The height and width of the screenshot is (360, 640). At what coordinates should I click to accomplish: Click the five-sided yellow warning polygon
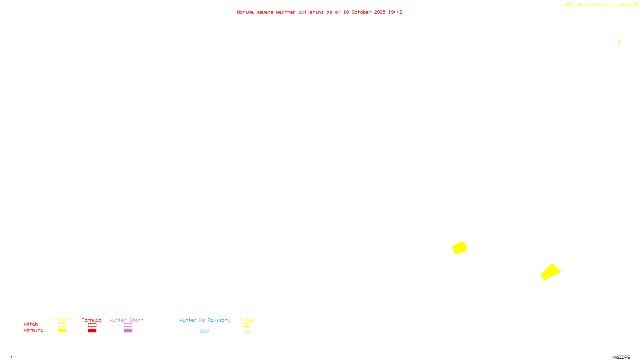pos(460,248)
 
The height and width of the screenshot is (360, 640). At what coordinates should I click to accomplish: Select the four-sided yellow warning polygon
pos(550,272)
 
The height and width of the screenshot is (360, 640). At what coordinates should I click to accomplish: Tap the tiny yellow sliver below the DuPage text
pos(619,41)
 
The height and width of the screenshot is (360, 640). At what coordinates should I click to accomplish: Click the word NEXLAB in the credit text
pos(574,5)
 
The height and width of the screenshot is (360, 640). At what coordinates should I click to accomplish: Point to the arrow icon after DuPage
pos(636,4)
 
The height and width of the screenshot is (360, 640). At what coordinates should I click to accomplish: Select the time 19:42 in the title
pos(395,12)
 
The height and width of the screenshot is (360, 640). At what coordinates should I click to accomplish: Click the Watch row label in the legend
pos(31,324)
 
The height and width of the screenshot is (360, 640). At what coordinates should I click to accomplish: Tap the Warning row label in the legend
pos(34,330)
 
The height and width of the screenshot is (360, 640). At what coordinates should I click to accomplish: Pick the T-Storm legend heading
pos(62,320)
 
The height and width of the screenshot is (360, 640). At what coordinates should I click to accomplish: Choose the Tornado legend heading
pos(92,320)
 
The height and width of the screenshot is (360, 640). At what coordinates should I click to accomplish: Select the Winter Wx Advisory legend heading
pos(205,320)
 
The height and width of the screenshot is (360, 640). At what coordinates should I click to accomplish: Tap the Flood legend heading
pos(247,320)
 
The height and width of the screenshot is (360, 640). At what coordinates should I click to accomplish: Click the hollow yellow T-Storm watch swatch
pos(62,325)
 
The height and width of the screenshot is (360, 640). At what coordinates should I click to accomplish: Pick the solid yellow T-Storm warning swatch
pos(62,331)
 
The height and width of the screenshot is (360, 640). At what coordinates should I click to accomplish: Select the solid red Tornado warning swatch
pos(92,331)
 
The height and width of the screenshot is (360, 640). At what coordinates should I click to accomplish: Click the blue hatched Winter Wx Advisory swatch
pos(204,331)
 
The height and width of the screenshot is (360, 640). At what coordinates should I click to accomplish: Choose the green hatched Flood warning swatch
pos(247,331)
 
